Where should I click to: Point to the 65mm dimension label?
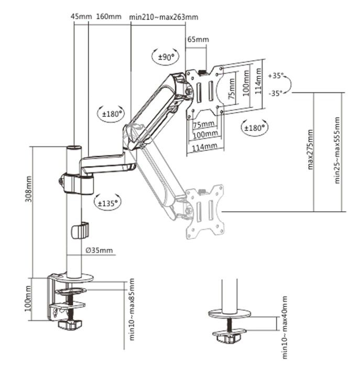click(198, 40)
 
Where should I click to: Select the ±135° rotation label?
click(107, 201)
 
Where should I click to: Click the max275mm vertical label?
click(311, 149)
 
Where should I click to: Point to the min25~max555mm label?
click(338, 150)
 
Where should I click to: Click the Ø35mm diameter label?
click(99, 250)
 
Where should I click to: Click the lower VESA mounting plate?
click(205, 211)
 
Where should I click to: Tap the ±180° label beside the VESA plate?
click(255, 126)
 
